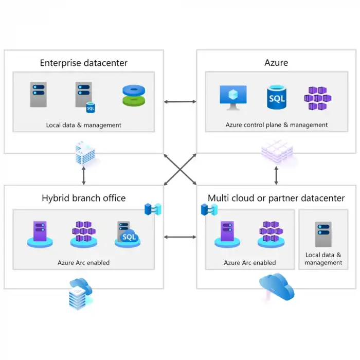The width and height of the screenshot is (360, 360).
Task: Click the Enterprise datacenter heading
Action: tap(84, 63)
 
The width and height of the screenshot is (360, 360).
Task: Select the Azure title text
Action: tap(276, 63)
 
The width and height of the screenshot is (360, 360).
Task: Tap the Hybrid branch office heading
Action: tap(83, 198)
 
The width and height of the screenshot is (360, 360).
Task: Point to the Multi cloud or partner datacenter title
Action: tap(276, 198)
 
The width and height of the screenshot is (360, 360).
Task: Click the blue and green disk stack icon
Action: tap(134, 96)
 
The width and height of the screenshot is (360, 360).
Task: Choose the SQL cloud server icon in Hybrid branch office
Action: tap(127, 235)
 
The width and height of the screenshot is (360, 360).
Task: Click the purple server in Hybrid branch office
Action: tap(40, 235)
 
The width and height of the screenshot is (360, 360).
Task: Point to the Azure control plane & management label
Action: tap(276, 125)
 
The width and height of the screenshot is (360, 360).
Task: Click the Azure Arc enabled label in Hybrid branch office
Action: tap(83, 263)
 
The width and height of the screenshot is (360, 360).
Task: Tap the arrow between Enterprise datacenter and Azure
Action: tap(180, 102)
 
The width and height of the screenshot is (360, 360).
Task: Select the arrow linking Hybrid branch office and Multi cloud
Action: tap(180, 237)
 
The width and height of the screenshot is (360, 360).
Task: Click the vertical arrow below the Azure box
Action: tap(276, 175)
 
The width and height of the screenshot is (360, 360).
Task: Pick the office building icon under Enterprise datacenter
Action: tap(84, 153)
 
